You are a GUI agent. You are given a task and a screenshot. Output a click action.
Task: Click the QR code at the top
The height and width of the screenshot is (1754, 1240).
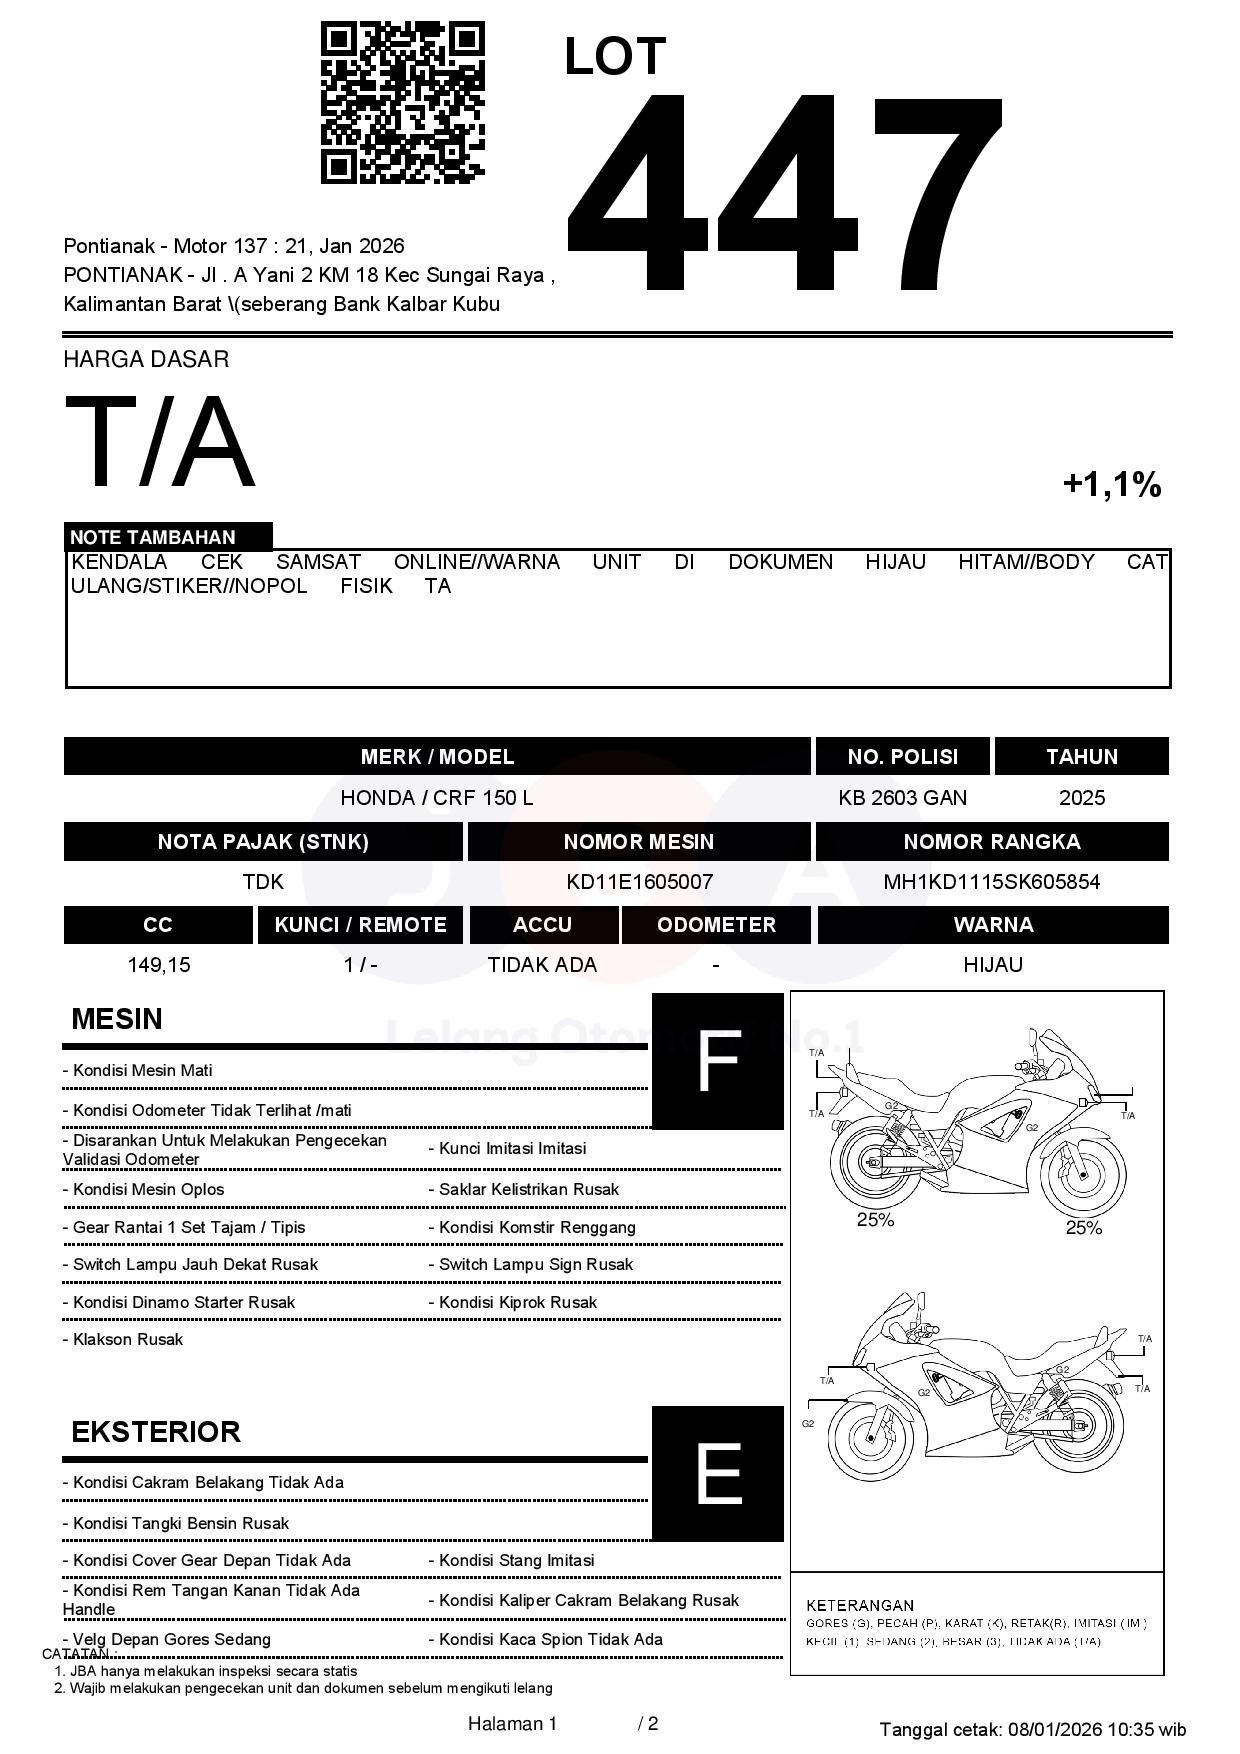[402, 103]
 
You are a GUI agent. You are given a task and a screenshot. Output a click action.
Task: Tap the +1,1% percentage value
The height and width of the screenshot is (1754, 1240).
[1111, 485]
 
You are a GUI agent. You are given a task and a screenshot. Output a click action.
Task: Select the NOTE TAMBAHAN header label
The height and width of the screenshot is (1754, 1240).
[152, 537]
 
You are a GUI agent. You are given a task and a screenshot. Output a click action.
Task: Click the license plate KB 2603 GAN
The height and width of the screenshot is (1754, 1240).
[902, 798]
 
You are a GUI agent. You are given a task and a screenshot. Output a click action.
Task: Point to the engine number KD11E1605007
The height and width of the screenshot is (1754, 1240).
[639, 882]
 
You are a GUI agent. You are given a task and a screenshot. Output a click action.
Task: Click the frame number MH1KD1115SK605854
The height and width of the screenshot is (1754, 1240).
[991, 882]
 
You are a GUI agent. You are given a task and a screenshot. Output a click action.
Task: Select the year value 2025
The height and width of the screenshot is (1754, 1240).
[1081, 798]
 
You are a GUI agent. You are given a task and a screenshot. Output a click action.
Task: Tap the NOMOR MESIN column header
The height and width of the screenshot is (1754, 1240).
[638, 842]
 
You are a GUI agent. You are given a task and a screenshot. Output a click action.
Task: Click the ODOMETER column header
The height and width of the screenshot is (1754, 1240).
[716, 925]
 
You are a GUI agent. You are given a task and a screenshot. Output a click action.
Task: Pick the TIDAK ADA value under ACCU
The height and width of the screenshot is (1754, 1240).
[542, 965]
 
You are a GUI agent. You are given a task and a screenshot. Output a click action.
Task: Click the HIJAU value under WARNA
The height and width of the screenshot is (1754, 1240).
[992, 965]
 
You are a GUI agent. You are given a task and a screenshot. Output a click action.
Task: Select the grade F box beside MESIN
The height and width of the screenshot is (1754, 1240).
[717, 1061]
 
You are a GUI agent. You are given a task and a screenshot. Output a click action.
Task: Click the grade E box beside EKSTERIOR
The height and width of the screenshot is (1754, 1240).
[717, 1473]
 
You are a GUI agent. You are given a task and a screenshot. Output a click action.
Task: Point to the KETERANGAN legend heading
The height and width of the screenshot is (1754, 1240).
[859, 1605]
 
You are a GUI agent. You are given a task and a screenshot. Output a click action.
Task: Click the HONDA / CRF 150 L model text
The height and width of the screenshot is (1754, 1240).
[437, 798]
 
